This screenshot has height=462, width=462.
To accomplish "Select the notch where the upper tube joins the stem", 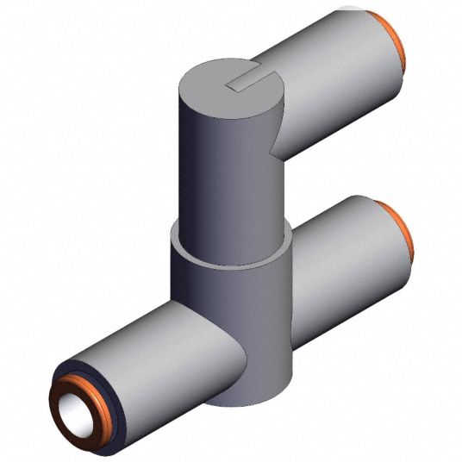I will click(x=278, y=152).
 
